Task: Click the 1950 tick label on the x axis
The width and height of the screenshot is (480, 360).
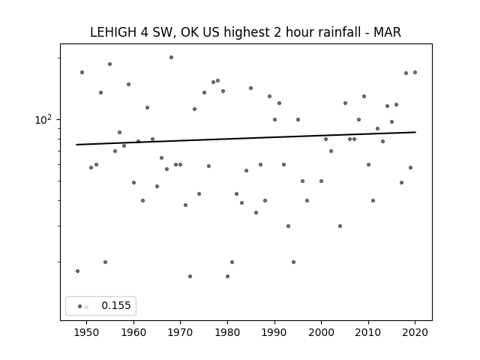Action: point(87,332)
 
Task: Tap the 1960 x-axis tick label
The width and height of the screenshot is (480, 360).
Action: point(133,332)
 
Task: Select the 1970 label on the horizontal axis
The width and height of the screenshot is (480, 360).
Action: point(180,332)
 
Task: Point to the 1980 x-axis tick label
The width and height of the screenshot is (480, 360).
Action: point(227,332)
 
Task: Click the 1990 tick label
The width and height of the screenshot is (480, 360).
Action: point(274,332)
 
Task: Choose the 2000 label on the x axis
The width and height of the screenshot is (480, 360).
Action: point(321,332)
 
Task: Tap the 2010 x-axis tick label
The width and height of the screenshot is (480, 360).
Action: point(368,332)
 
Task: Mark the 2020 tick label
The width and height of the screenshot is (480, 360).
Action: point(415,332)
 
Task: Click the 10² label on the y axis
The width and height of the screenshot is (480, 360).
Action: point(43,120)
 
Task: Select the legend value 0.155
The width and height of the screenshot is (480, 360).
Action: point(116,305)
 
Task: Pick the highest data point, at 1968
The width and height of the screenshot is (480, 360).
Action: point(172,57)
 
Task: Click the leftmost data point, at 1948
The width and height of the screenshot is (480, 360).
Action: point(77,271)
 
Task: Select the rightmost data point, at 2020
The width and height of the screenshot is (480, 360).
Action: point(415,72)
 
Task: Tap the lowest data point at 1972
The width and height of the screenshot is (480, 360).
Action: point(190,276)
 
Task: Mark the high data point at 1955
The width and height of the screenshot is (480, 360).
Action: point(110,64)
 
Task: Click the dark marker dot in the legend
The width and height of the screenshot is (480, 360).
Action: point(79,306)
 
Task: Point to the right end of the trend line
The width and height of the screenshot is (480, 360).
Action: point(415,132)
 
